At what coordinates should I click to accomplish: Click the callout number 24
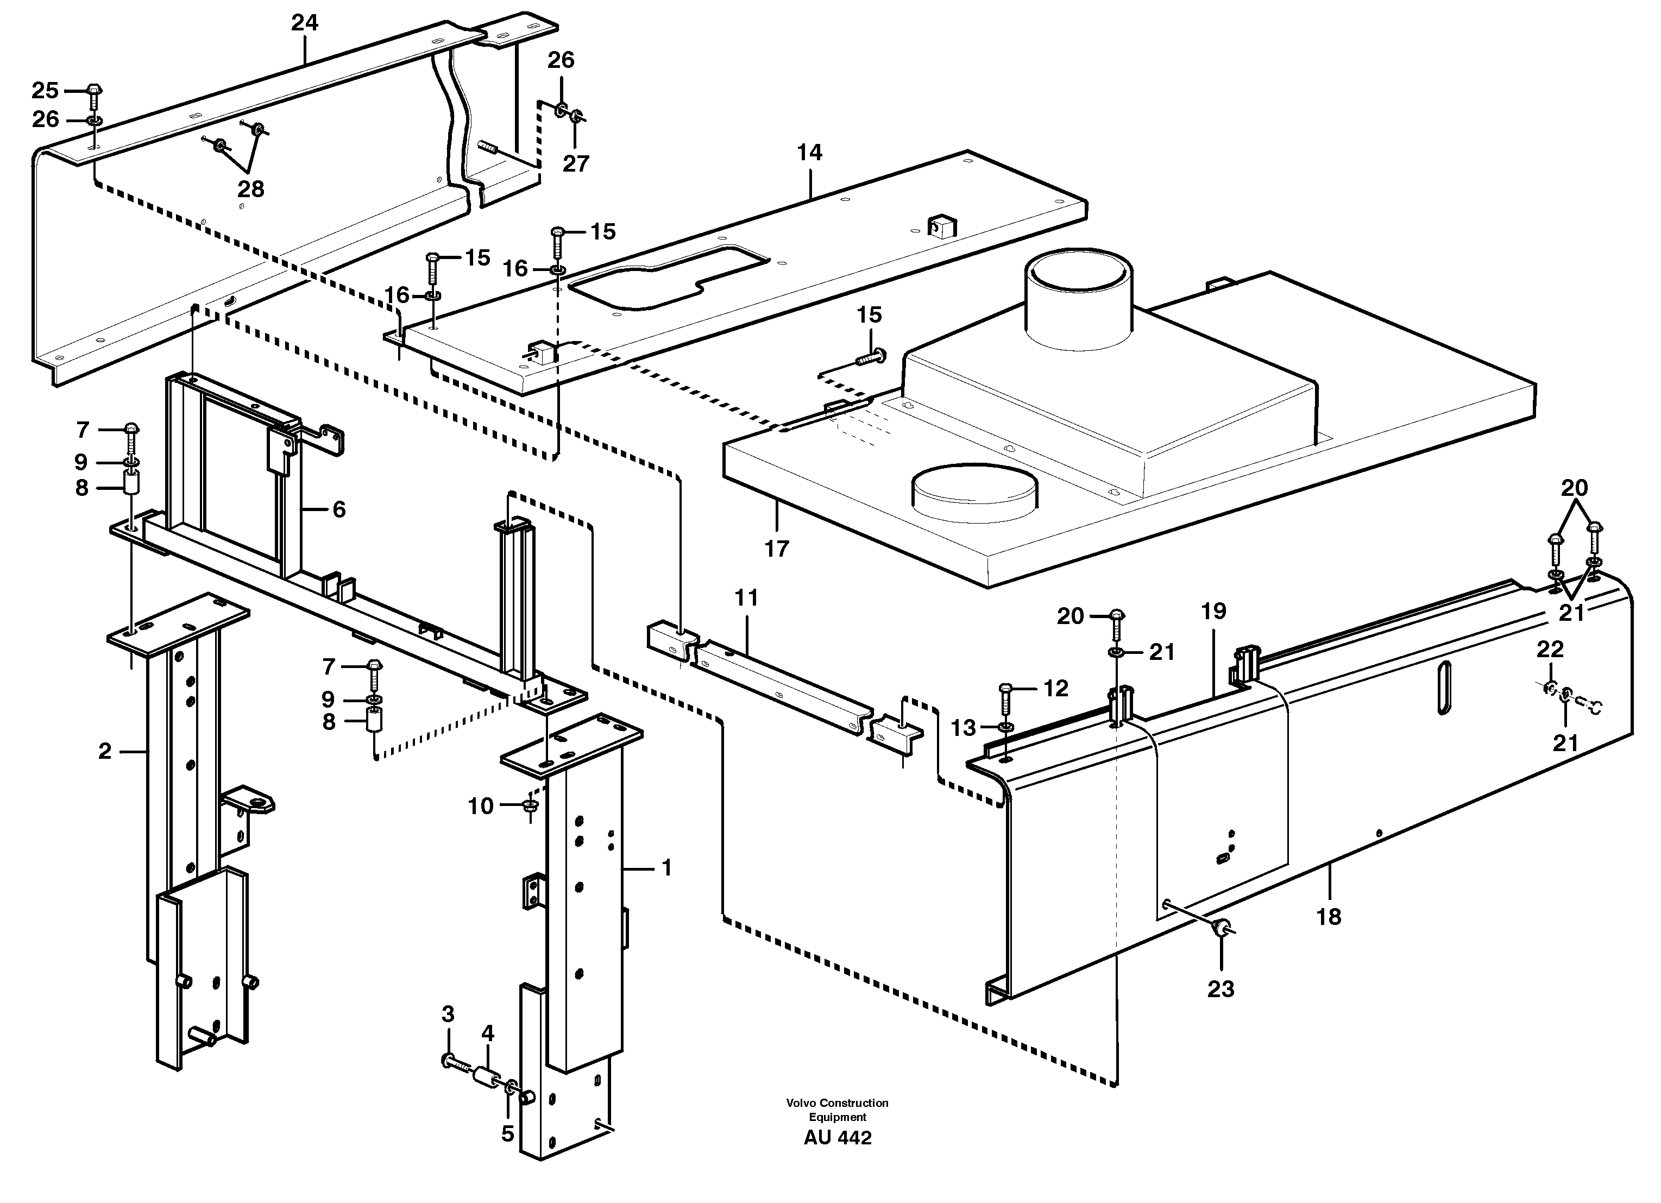[305, 23]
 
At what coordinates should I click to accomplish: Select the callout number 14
[809, 153]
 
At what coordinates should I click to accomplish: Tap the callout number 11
[746, 598]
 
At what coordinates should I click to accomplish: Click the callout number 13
[963, 728]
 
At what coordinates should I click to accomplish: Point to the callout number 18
[1329, 916]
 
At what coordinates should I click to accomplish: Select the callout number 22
[1550, 650]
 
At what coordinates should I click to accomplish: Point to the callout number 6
[338, 509]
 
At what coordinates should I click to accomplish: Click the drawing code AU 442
[837, 1138]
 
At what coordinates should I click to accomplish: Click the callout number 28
[250, 190]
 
